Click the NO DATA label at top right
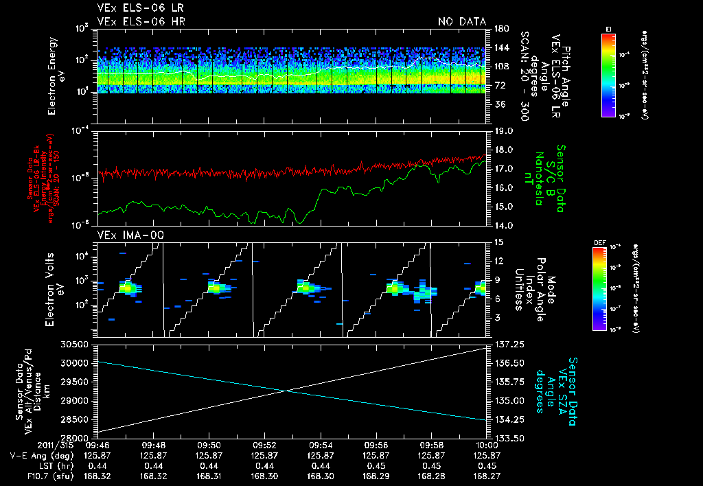(x=461, y=22)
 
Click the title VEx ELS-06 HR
(x=141, y=22)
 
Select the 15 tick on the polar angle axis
(x=498, y=242)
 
